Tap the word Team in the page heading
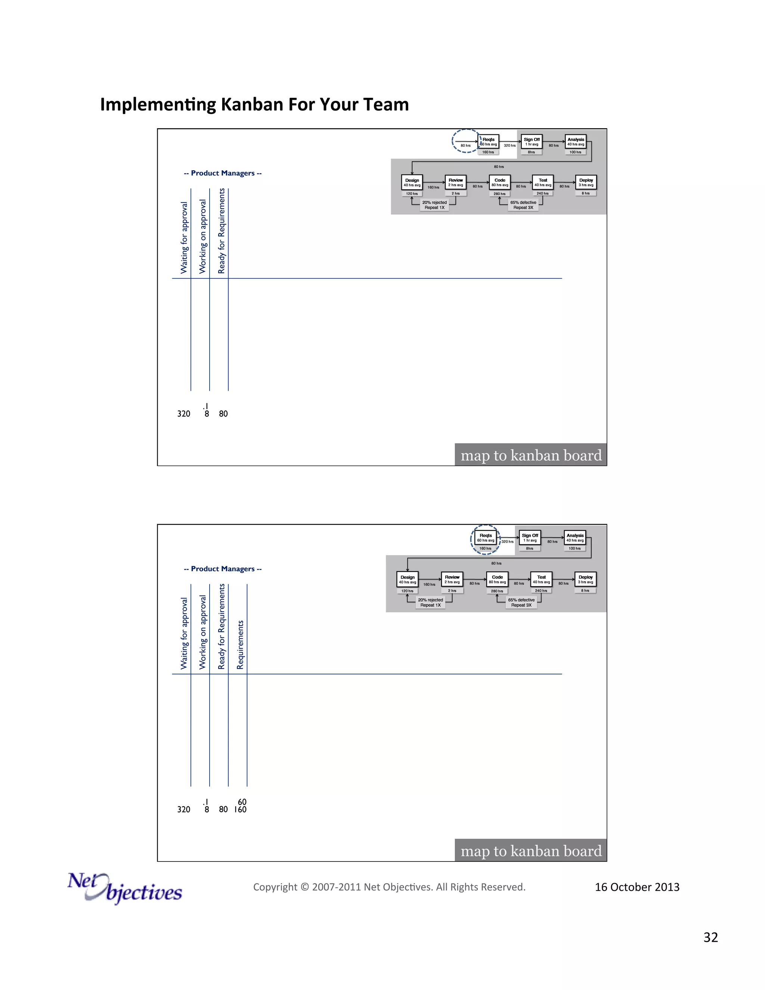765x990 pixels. click(386, 105)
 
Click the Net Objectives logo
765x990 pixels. click(125, 888)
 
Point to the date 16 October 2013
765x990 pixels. click(637, 887)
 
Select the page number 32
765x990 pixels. click(710, 937)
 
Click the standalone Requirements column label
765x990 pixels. click(240, 644)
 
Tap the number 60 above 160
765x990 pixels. click(242, 802)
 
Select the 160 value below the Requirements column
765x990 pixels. click(240, 810)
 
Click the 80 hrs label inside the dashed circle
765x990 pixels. click(465, 145)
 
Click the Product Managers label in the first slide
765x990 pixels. click(223, 173)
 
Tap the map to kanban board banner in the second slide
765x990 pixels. click(531, 851)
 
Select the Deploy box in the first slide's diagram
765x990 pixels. click(586, 183)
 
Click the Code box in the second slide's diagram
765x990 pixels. click(497, 580)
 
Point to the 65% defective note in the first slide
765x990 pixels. click(523, 205)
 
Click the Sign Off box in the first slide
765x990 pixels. click(532, 142)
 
